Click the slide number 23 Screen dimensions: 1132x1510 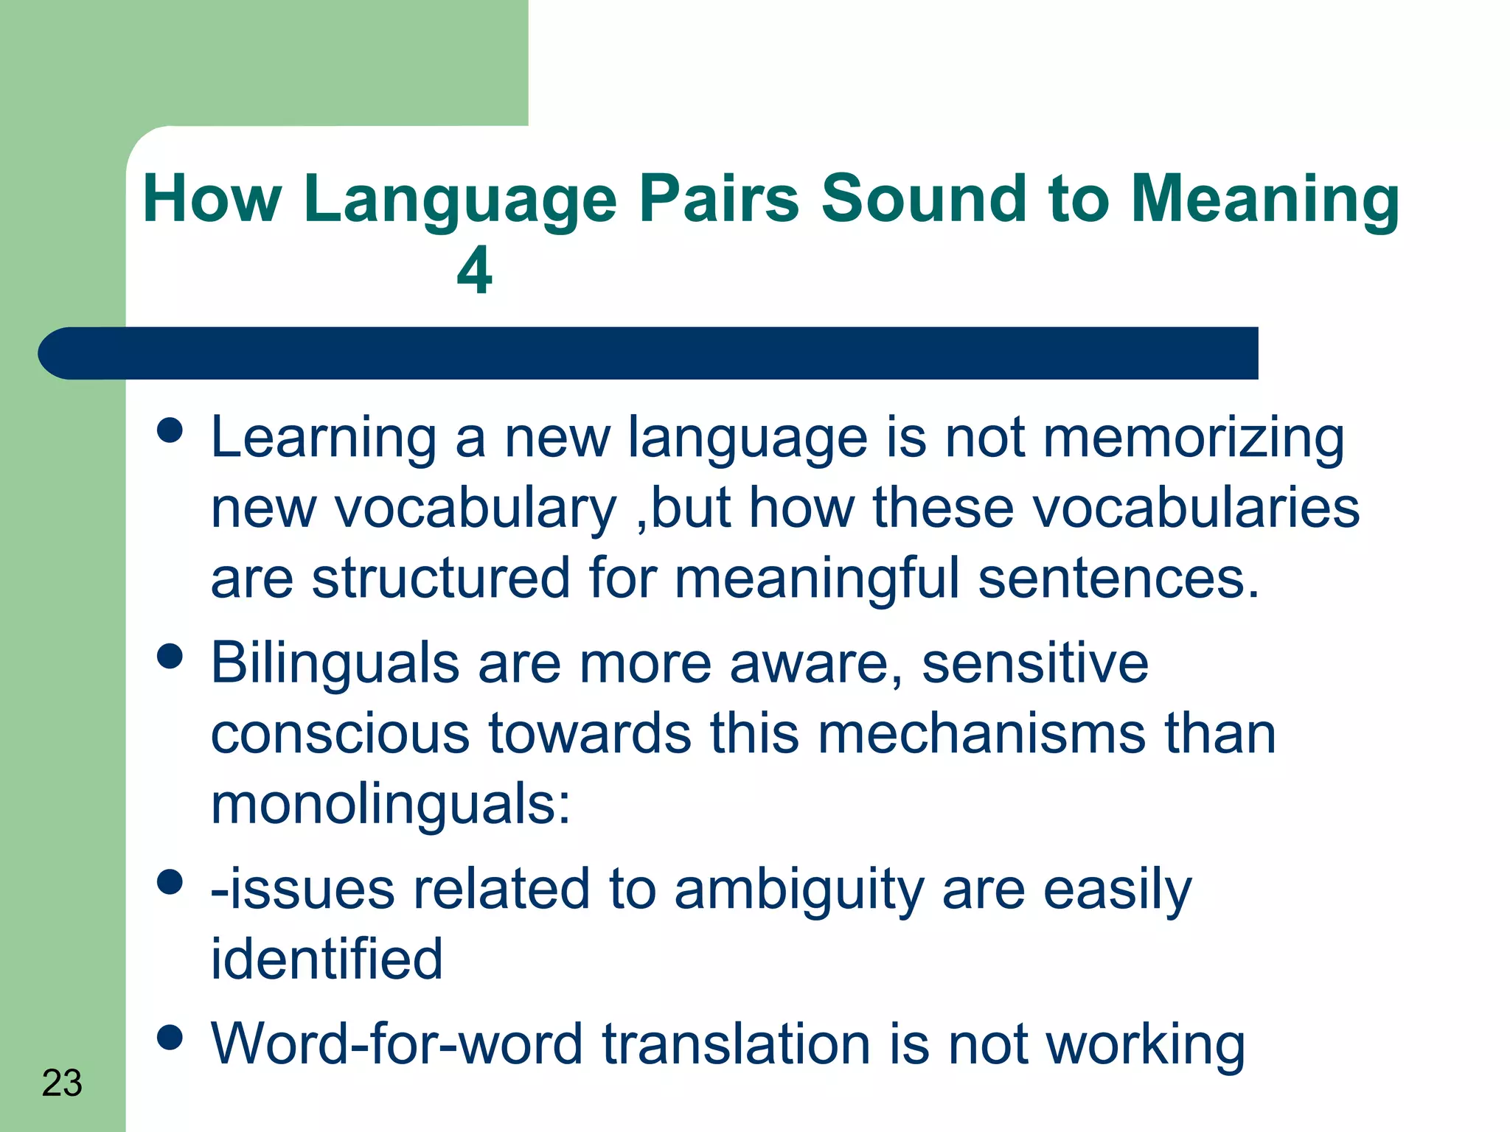click(62, 1083)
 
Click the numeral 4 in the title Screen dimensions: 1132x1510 click(474, 270)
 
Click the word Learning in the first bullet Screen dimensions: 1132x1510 click(324, 439)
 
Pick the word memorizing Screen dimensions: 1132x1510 click(1194, 439)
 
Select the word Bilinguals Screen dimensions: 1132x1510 click(335, 663)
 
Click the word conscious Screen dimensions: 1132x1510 click(340, 734)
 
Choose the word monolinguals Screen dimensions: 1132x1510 click(391, 805)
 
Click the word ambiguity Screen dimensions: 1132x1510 click(799, 890)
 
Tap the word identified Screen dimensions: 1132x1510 click(327, 960)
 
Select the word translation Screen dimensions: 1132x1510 click(737, 1044)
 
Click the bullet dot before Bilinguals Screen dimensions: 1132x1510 click(170, 656)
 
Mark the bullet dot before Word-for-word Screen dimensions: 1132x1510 click(170, 1037)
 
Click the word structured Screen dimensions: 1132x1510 click(441, 579)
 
